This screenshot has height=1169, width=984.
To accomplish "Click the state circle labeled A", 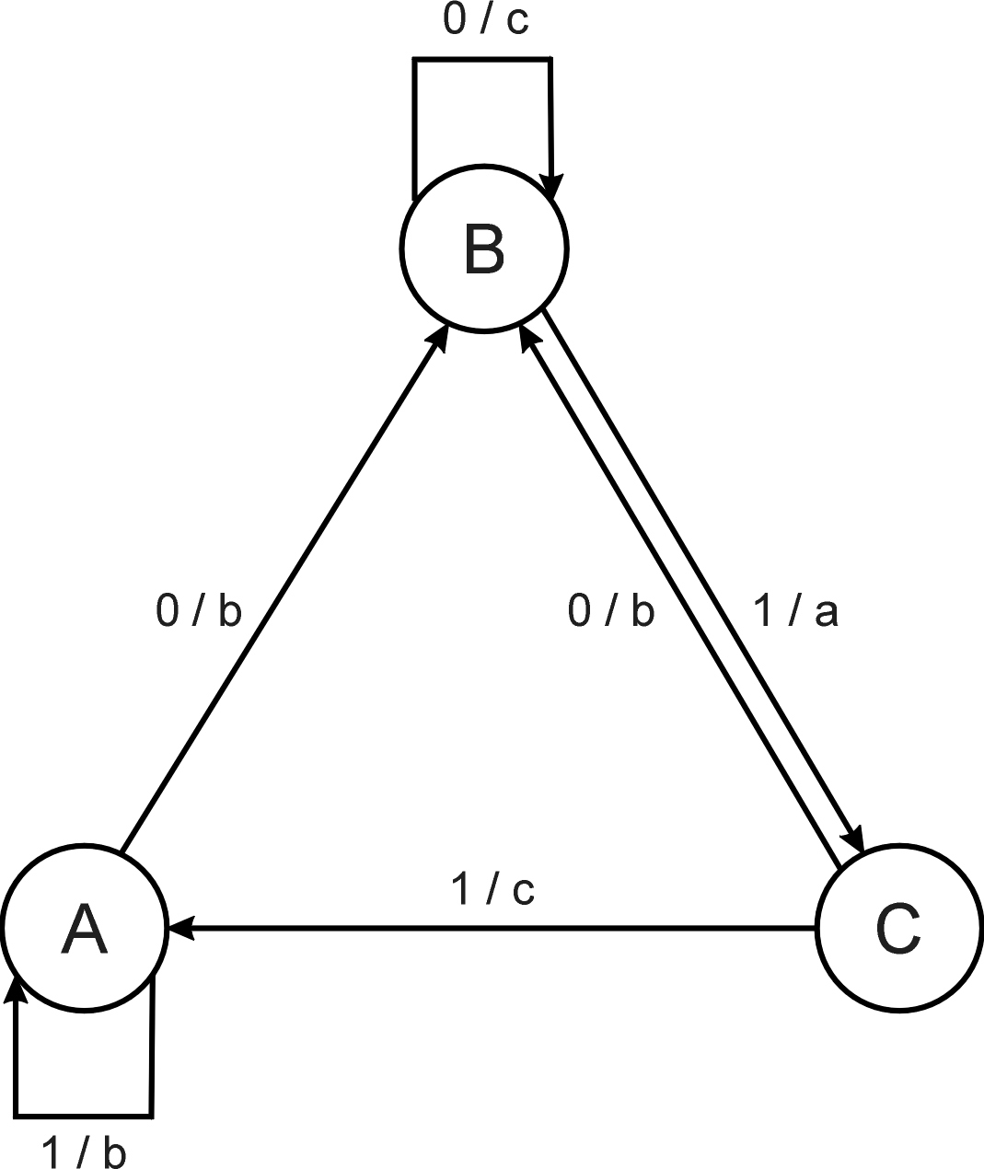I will [84, 928].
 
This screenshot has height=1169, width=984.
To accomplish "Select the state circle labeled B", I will [484, 249].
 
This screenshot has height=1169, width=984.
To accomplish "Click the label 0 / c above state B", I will [485, 20].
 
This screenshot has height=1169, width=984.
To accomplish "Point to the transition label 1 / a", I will [795, 611].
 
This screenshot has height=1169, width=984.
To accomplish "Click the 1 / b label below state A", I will [84, 1152].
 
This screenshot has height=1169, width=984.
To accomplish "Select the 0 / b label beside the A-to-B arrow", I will [199, 611].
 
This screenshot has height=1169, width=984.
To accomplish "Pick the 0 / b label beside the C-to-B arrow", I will [611, 611].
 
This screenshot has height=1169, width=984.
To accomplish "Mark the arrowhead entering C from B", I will [854, 839].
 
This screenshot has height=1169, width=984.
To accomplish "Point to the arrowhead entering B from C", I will [528, 334].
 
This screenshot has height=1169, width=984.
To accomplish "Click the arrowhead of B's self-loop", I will [552, 185].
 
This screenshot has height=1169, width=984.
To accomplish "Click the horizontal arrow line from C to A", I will [506, 928].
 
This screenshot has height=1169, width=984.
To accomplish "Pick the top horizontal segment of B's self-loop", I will [482, 60].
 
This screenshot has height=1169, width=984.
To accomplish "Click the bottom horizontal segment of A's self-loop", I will [83, 1117].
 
